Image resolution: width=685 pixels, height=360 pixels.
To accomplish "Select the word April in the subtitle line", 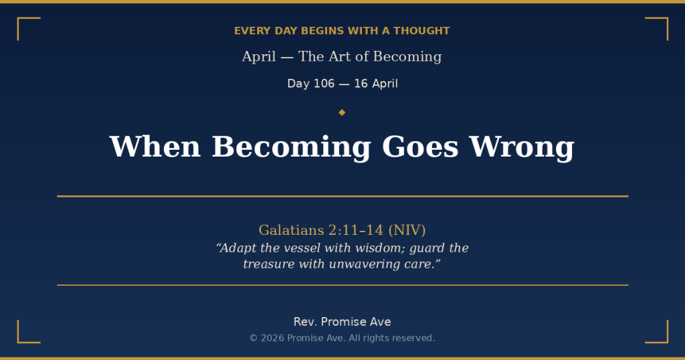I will pos(259,57).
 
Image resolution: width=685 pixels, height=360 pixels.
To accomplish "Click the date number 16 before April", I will pos(361,84).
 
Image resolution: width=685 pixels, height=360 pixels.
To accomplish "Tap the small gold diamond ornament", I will pos(342,112).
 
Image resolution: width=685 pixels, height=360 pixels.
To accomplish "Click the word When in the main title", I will pos(155,147).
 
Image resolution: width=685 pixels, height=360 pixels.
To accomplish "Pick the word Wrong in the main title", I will pos(521,147).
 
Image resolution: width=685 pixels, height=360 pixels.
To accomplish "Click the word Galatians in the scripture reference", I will pos(291,230).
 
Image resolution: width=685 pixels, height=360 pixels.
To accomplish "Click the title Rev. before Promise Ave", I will pos(306,322).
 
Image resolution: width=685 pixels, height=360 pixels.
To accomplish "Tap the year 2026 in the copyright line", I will pos(272,339).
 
